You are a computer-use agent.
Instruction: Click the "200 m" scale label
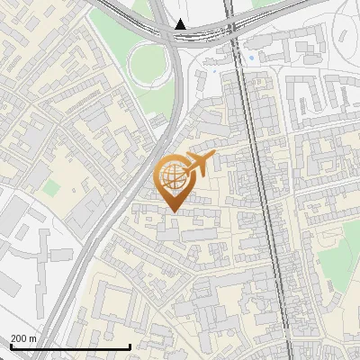tap(23, 338)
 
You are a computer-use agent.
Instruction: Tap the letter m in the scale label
tap(32, 338)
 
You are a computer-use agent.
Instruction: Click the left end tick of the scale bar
tap(10, 346)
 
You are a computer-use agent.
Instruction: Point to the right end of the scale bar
tap(130, 346)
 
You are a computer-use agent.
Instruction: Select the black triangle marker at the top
tap(182, 24)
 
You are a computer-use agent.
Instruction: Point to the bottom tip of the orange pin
tap(173, 211)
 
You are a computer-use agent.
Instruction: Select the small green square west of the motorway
tap(52, 187)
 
